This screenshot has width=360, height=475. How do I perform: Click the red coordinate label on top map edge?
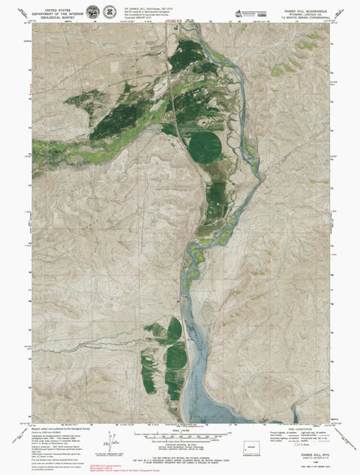tap(173, 22)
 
